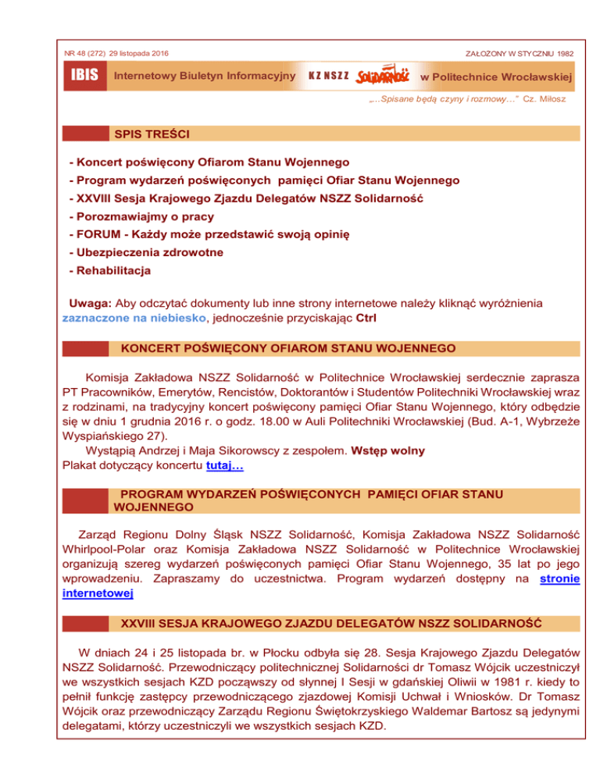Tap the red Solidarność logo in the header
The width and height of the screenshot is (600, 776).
[x=382, y=77]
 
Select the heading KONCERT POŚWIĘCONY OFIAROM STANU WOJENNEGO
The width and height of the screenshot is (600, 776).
[x=287, y=347]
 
